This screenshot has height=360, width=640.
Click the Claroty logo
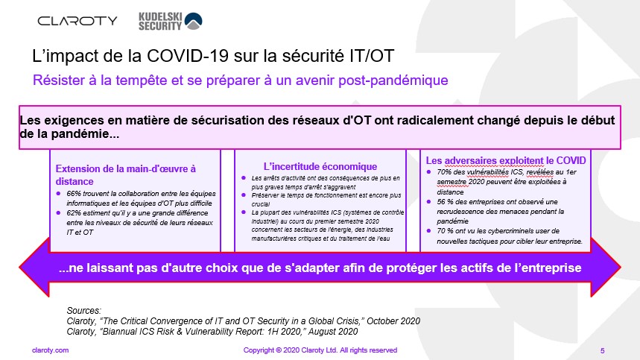pos(77,21)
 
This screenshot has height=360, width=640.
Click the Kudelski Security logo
pos(170,21)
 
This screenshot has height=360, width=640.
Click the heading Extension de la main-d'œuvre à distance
pos(126,175)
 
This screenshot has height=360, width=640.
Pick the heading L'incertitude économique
pos(320,166)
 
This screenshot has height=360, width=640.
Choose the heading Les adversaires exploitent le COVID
pos(506,160)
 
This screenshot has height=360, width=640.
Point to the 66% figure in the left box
pos(74,194)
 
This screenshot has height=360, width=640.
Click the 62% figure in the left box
pos(74,213)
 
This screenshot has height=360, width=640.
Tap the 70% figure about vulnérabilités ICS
pos(444,172)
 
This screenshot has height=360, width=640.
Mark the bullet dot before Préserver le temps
pos(244,195)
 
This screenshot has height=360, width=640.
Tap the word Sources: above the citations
pos(84,311)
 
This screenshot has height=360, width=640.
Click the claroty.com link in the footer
pos(50,350)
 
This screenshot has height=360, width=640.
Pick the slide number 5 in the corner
pos(603,350)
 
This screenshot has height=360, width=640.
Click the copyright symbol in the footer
pos(279,350)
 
